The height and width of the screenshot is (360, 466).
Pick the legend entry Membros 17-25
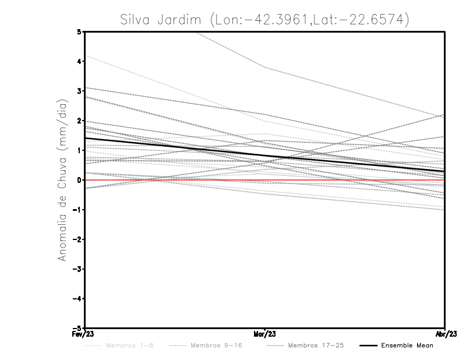[316, 345]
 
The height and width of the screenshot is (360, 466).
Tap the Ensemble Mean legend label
[407, 345]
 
